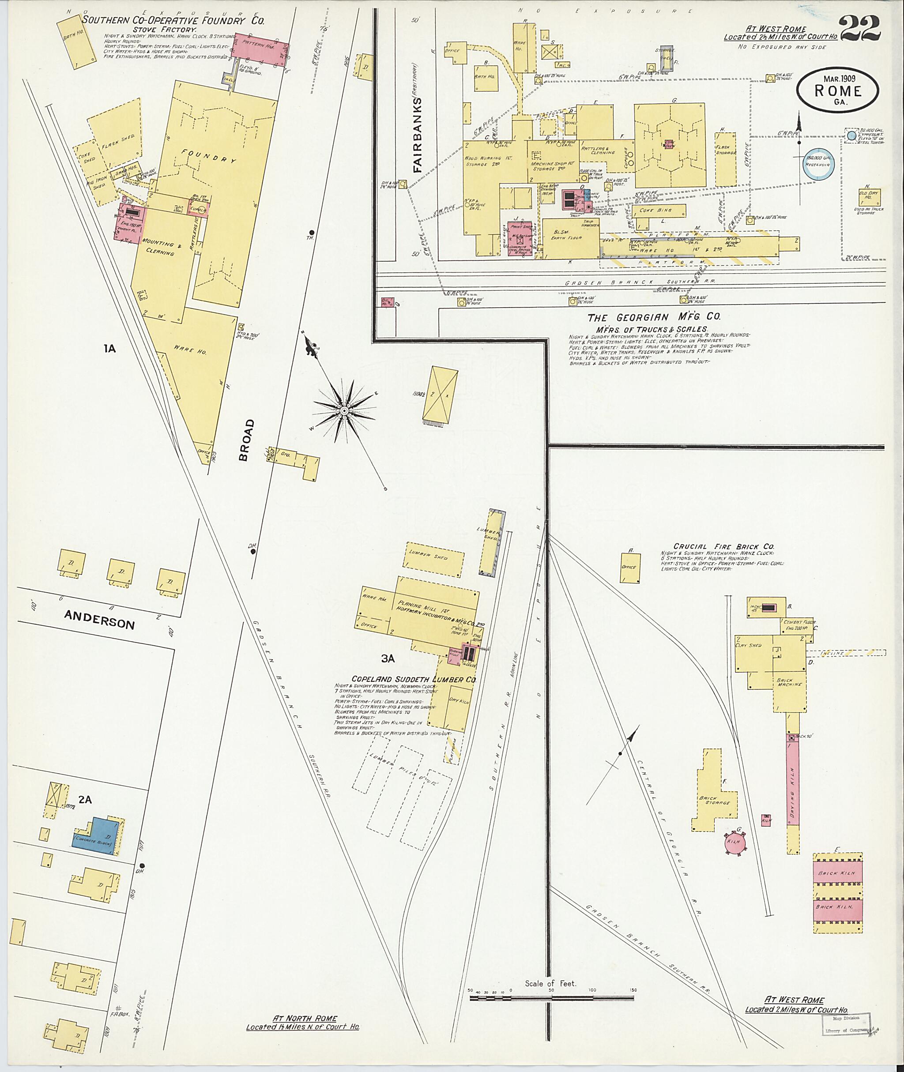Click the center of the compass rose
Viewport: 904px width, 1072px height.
click(344, 411)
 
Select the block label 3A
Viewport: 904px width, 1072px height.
click(388, 659)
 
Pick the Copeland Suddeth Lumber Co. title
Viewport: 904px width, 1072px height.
click(414, 679)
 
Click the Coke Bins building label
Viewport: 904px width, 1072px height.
click(658, 210)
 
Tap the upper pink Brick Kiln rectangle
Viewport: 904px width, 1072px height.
click(837, 873)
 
